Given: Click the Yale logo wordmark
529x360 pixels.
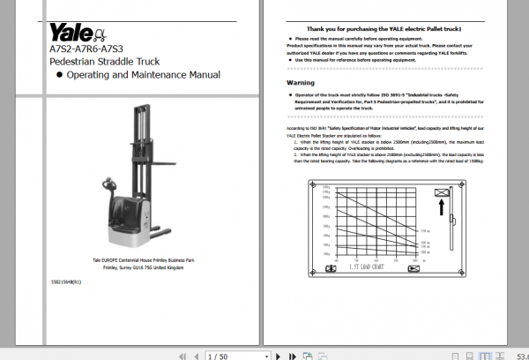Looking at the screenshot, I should coord(70,34).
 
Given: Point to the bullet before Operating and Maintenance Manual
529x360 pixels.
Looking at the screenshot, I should coord(59,76).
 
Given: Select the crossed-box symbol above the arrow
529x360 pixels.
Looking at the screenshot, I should coord(440,192).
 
